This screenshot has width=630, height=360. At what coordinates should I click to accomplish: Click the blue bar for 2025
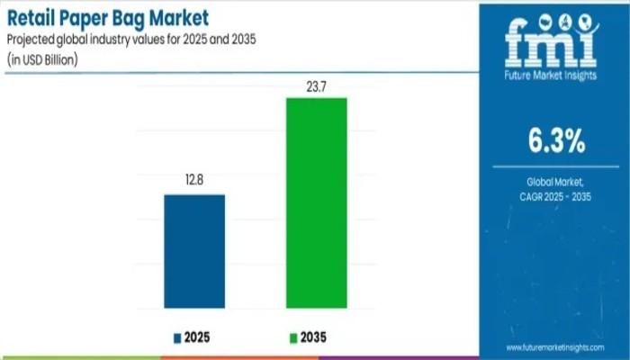(x=193, y=251)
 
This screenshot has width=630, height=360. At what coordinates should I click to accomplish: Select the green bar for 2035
(x=316, y=202)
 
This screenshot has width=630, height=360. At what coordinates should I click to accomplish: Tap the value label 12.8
(x=193, y=181)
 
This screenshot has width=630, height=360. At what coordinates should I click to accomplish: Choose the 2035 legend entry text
(x=312, y=337)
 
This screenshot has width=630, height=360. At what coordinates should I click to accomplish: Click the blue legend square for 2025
(x=177, y=337)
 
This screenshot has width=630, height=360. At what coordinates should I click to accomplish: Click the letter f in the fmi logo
(x=519, y=44)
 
